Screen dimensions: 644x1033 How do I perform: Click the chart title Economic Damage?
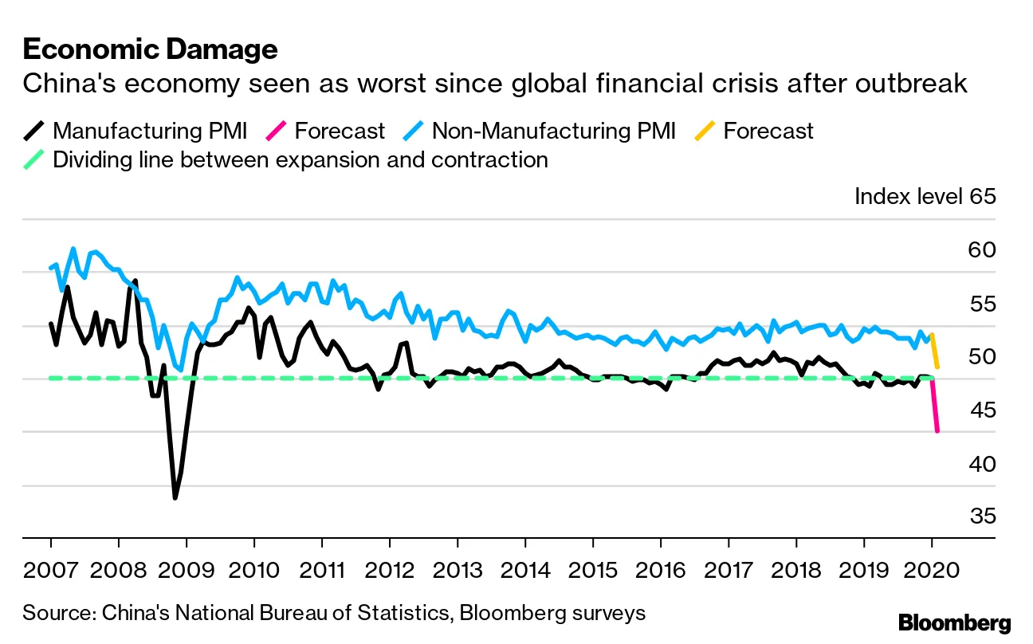[x=151, y=49]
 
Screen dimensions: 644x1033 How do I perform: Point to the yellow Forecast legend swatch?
[x=704, y=131]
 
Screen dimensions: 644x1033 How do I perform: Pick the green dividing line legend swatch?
[x=33, y=159]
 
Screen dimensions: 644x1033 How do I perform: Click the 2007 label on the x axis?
[x=50, y=571]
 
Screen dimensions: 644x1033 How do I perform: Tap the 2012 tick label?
[x=389, y=571]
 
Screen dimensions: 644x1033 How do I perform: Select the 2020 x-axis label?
[x=931, y=571]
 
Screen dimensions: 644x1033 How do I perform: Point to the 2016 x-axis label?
[x=660, y=571]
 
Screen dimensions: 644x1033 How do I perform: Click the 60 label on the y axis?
[x=982, y=250]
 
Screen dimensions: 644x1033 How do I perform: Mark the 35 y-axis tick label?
[x=982, y=516]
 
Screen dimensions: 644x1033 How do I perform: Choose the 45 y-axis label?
[x=982, y=410]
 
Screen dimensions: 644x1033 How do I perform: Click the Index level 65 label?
[x=925, y=196]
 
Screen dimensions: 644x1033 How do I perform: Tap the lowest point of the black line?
[x=175, y=498]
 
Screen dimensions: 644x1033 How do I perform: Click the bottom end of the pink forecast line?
[x=937, y=431]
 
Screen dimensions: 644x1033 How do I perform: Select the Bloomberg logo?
[x=954, y=622]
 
